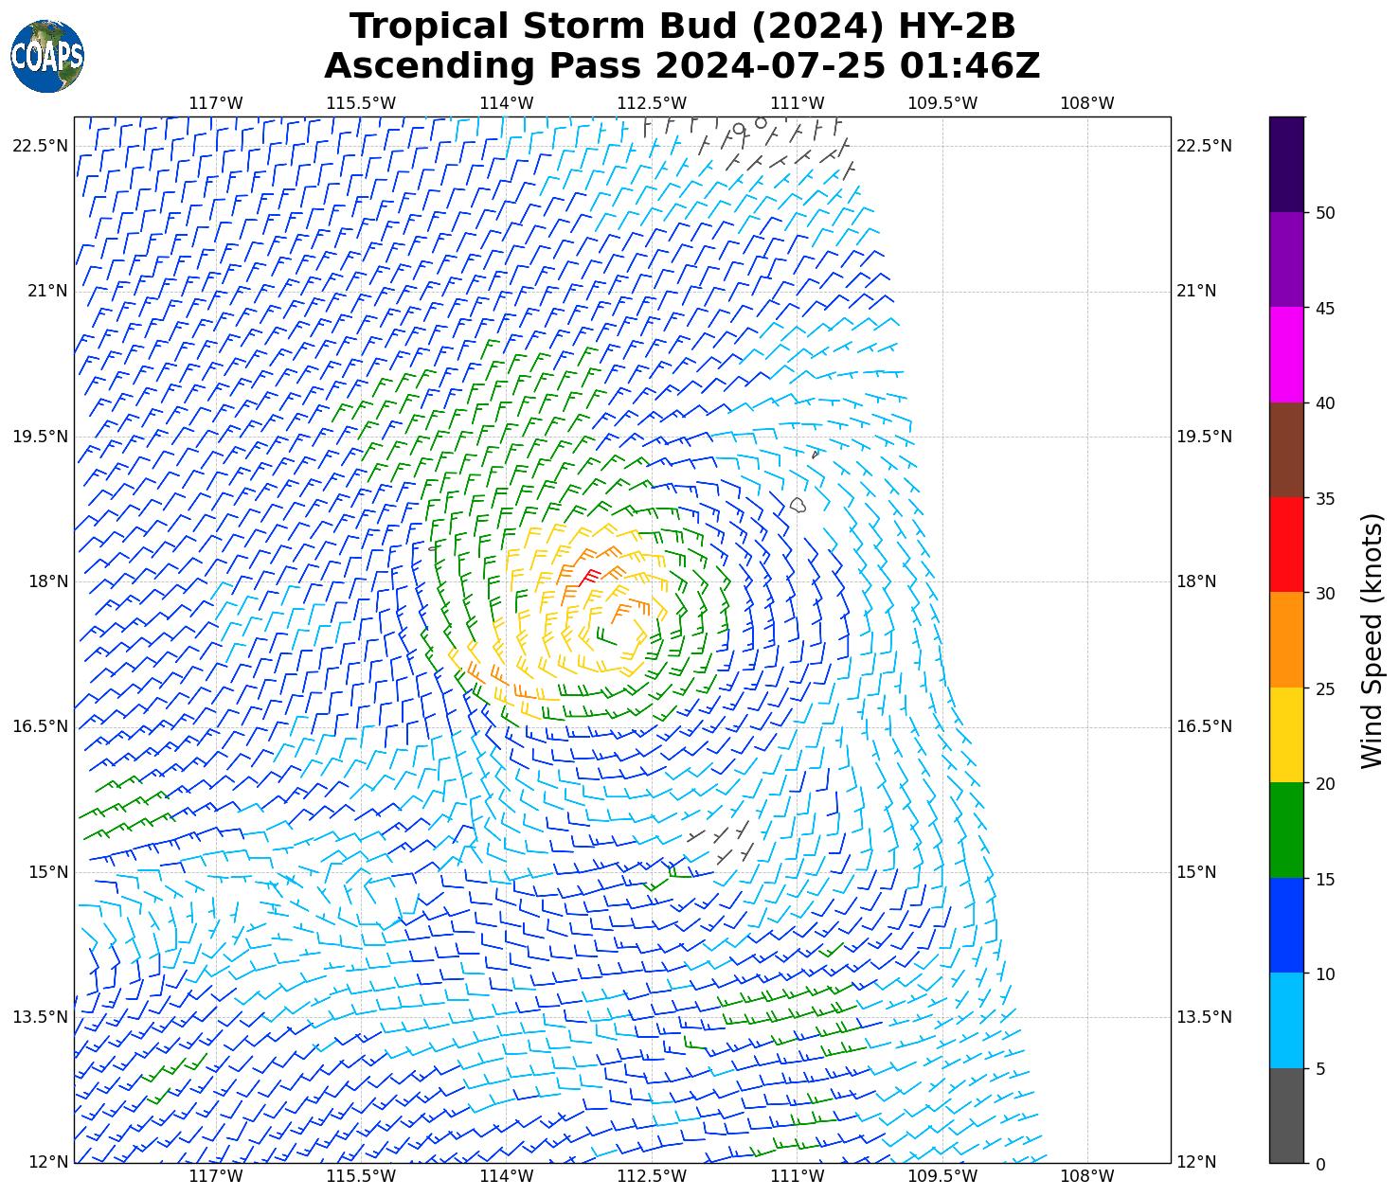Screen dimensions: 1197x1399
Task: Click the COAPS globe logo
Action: tap(47, 56)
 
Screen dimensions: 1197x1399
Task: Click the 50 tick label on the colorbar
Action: tap(1326, 213)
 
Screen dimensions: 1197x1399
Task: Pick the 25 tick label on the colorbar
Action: tap(1326, 688)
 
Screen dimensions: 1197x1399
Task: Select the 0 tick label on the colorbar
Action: tap(1321, 1164)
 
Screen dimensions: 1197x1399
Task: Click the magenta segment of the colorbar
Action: tap(1286, 354)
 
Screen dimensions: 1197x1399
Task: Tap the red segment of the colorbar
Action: tap(1286, 545)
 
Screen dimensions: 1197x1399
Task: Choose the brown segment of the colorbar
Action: tap(1286, 450)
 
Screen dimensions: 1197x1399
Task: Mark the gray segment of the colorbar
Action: tap(1286, 1116)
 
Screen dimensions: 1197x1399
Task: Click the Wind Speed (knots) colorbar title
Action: tap(1372, 640)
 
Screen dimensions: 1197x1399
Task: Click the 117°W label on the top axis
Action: tap(216, 103)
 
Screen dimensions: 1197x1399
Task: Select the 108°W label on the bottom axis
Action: tap(1087, 1176)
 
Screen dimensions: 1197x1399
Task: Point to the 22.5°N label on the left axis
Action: tap(40, 146)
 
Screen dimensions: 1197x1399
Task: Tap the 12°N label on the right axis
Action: tap(1196, 1163)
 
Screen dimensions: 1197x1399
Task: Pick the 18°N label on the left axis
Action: tap(47, 581)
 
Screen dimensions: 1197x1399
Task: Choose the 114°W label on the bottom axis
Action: tap(507, 1176)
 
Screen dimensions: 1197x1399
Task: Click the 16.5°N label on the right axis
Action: tap(1203, 726)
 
